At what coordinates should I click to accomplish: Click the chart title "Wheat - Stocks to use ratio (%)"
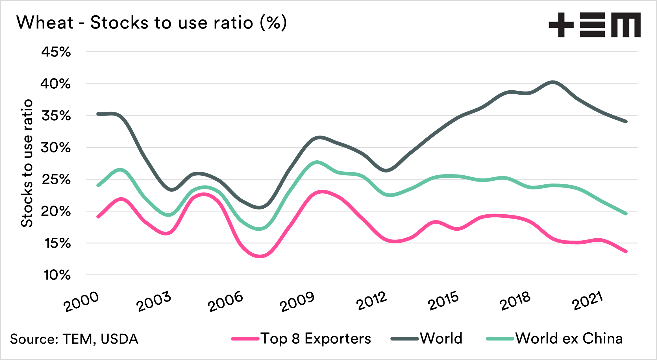click(152, 23)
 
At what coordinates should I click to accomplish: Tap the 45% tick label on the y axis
click(56, 52)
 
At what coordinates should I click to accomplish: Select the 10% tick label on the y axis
click(57, 275)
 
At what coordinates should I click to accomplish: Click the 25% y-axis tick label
click(56, 180)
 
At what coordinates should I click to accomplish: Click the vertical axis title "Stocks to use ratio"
click(27, 163)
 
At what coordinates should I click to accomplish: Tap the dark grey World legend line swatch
click(404, 339)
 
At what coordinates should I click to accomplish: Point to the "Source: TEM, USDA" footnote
click(74, 339)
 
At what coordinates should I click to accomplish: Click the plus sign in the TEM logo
click(561, 25)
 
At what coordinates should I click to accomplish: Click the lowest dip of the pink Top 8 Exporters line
click(260, 256)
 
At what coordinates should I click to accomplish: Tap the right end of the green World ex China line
click(626, 214)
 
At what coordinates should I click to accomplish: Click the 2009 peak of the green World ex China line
click(317, 162)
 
